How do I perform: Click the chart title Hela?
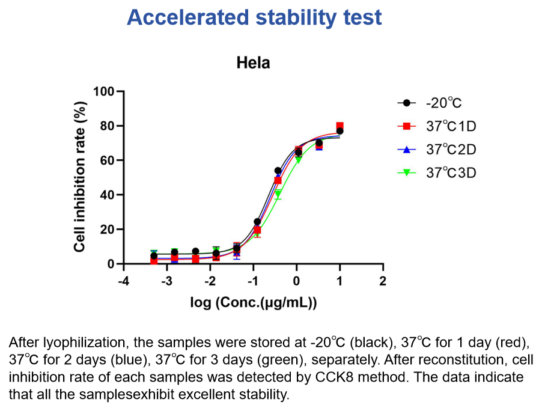pyautogui.click(x=253, y=63)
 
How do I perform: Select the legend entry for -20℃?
pyautogui.click(x=430, y=103)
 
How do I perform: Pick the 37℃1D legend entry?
pyautogui.click(x=437, y=126)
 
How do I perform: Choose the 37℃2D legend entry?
pyautogui.click(x=437, y=150)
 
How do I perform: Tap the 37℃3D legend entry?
pyautogui.click(x=437, y=172)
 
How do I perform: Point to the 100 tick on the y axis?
pyautogui.click(x=104, y=91)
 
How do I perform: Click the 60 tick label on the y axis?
pyautogui.click(x=108, y=160)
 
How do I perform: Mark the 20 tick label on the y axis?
pyautogui.click(x=108, y=230)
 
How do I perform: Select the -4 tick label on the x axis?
pyautogui.click(x=123, y=281)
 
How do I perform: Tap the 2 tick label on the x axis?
pyautogui.click(x=383, y=281)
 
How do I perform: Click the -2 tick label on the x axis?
pyautogui.click(x=210, y=281)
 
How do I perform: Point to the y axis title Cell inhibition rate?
pyautogui.click(x=80, y=177)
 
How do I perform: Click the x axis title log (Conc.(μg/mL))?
pyautogui.click(x=254, y=302)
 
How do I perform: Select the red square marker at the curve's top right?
pyautogui.click(x=339, y=126)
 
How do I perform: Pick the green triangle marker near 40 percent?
pyautogui.click(x=278, y=193)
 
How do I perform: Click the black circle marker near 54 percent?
pyautogui.click(x=278, y=171)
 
